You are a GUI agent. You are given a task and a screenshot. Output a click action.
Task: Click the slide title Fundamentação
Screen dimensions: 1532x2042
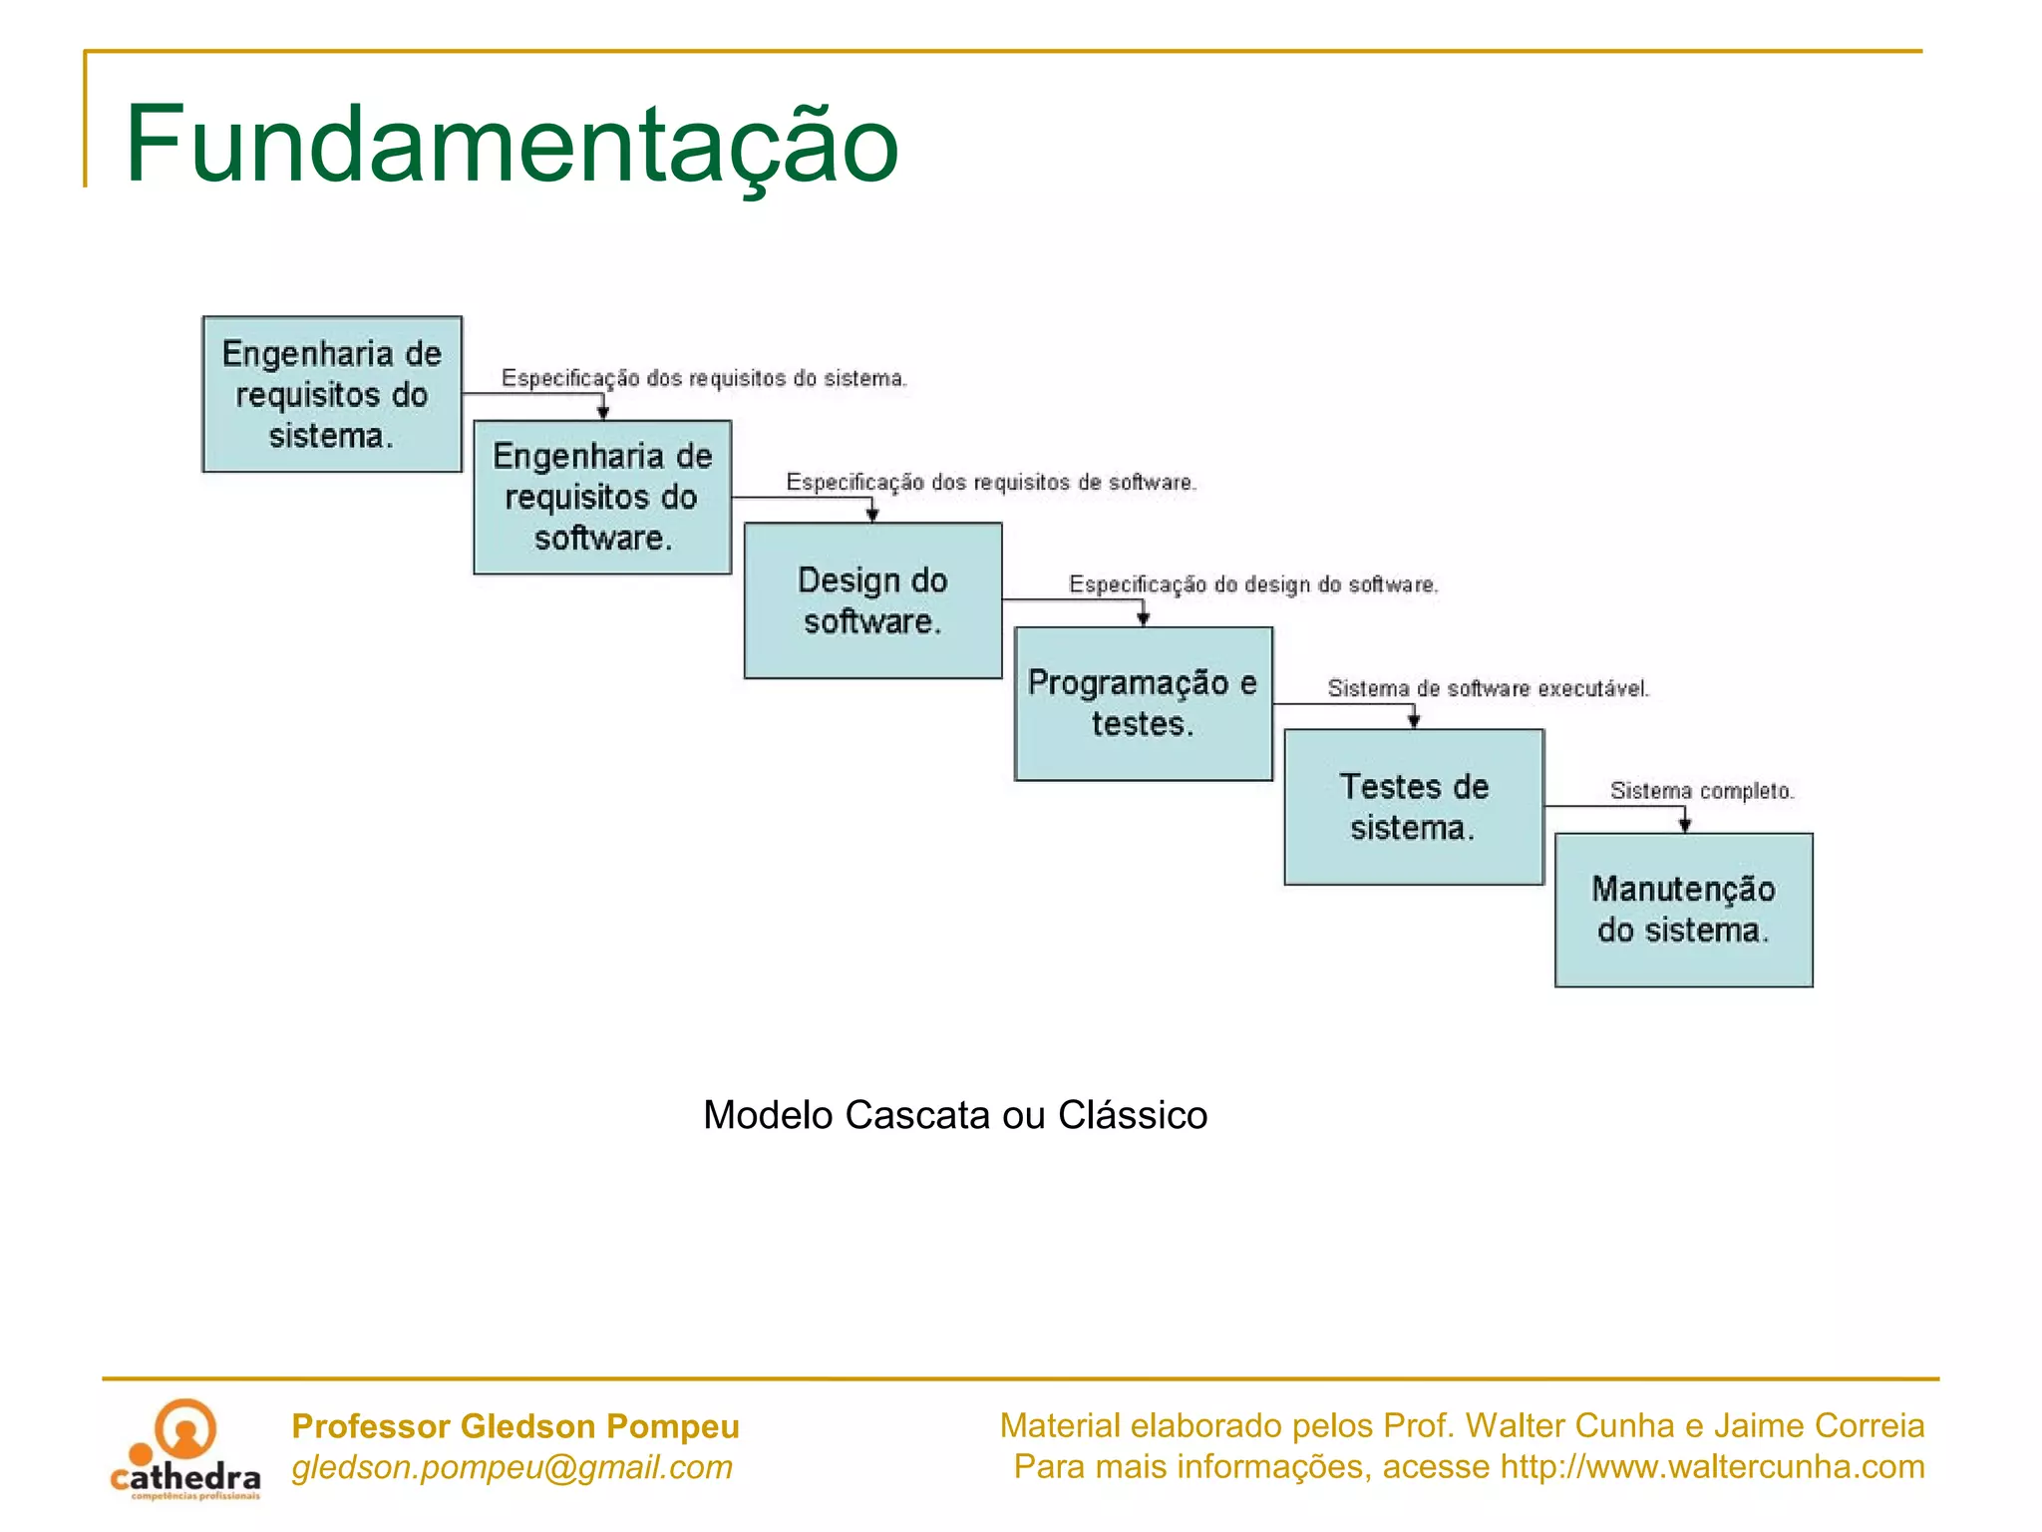pyautogui.click(x=511, y=145)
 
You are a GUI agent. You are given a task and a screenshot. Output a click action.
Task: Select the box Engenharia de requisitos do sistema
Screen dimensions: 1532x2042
pyautogui.click(x=332, y=394)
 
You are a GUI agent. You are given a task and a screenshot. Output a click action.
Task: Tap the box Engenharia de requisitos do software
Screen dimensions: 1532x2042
pyautogui.click(x=602, y=497)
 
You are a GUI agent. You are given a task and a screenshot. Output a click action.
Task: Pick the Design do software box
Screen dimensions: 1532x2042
pyautogui.click(x=872, y=600)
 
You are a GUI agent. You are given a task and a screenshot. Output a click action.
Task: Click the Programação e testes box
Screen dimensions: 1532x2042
pyautogui.click(x=1143, y=703)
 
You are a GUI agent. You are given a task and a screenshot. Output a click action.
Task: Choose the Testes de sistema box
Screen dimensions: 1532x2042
pyautogui.click(x=1414, y=807)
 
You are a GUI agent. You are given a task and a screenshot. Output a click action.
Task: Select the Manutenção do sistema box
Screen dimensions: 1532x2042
pyautogui.click(x=1683, y=910)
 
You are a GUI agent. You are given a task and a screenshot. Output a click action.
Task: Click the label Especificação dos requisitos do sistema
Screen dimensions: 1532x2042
pyautogui.click(x=704, y=378)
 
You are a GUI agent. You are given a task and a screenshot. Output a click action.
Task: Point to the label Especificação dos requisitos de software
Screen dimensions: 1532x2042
pyautogui.click(x=991, y=483)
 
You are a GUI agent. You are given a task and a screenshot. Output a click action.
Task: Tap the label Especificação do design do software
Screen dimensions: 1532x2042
pyautogui.click(x=1253, y=584)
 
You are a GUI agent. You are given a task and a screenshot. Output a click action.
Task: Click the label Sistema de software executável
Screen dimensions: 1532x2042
pyautogui.click(x=1488, y=688)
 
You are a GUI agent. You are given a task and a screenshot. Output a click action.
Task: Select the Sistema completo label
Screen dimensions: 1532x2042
pyautogui.click(x=1701, y=791)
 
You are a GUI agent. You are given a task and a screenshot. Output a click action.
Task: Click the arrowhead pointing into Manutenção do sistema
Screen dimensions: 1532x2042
pyautogui.click(x=1685, y=825)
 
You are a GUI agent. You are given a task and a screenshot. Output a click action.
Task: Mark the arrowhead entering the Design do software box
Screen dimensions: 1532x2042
pyautogui.click(x=872, y=515)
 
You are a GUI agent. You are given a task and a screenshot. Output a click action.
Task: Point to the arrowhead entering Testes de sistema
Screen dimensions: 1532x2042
pyautogui.click(x=1414, y=720)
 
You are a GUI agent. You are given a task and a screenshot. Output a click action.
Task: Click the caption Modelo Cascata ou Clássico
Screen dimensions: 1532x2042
pyautogui.click(x=955, y=1115)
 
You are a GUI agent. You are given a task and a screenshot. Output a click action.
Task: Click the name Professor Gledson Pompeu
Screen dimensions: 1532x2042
pyautogui.click(x=515, y=1426)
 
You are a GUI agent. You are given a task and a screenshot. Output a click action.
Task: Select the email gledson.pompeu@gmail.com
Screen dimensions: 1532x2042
pyautogui.click(x=511, y=1467)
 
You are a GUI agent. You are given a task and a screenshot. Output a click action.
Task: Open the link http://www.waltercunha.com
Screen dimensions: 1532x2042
pyautogui.click(x=1712, y=1467)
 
